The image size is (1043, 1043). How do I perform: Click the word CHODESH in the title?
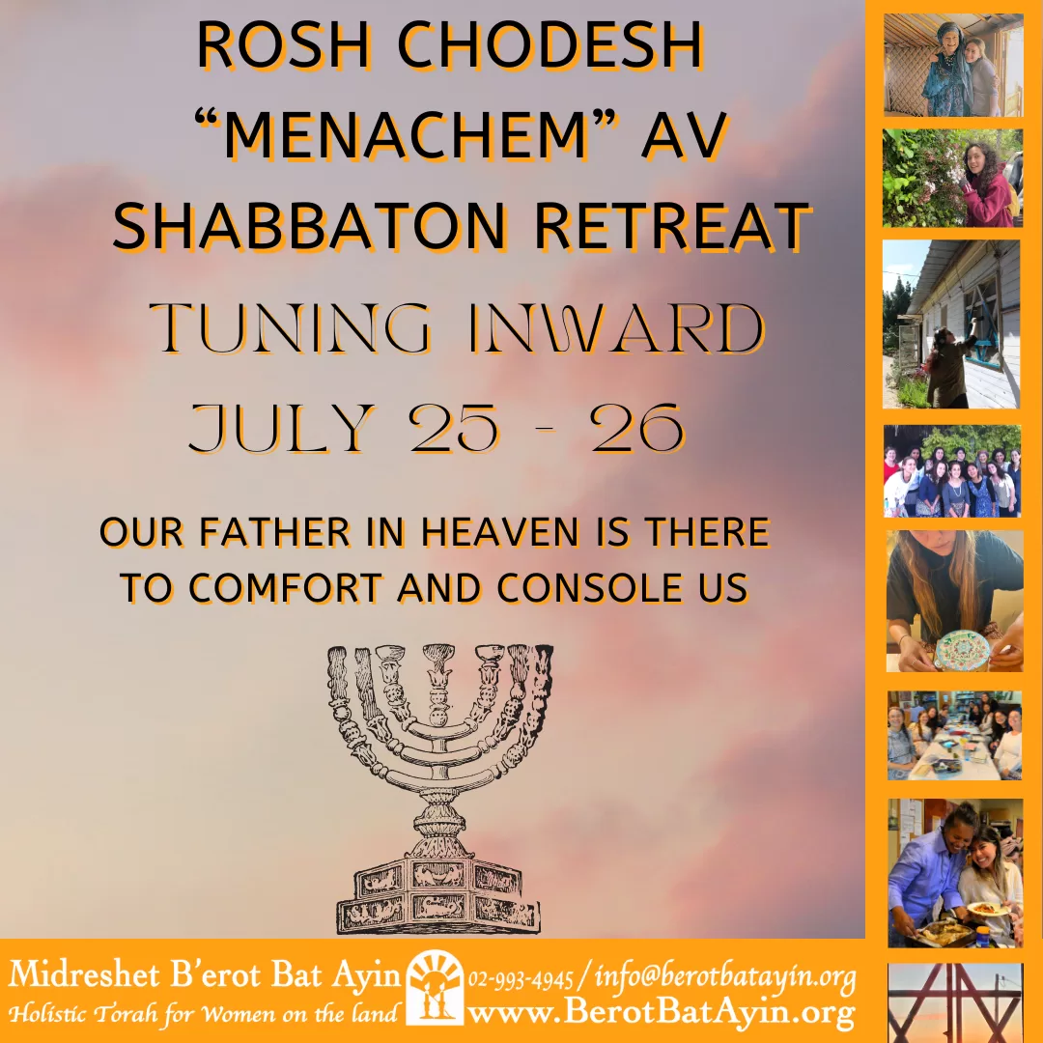tap(550, 45)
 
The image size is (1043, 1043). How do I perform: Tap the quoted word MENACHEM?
tap(407, 135)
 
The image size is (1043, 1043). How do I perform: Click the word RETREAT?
tap(672, 225)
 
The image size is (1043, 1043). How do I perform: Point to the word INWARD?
tap(616, 328)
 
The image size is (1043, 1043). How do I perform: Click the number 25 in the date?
tap(454, 428)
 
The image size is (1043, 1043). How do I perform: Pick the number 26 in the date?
tap(636, 428)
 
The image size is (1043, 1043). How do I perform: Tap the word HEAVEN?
tap(500, 532)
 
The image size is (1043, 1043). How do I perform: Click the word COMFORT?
tap(286, 588)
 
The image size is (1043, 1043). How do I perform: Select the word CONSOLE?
tap(589, 588)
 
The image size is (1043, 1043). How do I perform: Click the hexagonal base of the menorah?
tap(438, 895)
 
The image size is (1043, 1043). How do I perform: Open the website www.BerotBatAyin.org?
tap(662, 1014)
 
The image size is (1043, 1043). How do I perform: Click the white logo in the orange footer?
tap(435, 988)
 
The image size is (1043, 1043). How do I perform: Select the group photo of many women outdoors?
tap(952, 471)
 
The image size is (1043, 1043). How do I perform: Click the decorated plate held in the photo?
tap(962, 649)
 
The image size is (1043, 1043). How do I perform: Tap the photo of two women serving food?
tap(954, 873)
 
